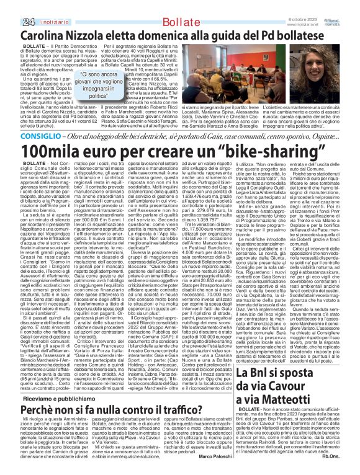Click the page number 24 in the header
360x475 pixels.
(11, 6)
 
